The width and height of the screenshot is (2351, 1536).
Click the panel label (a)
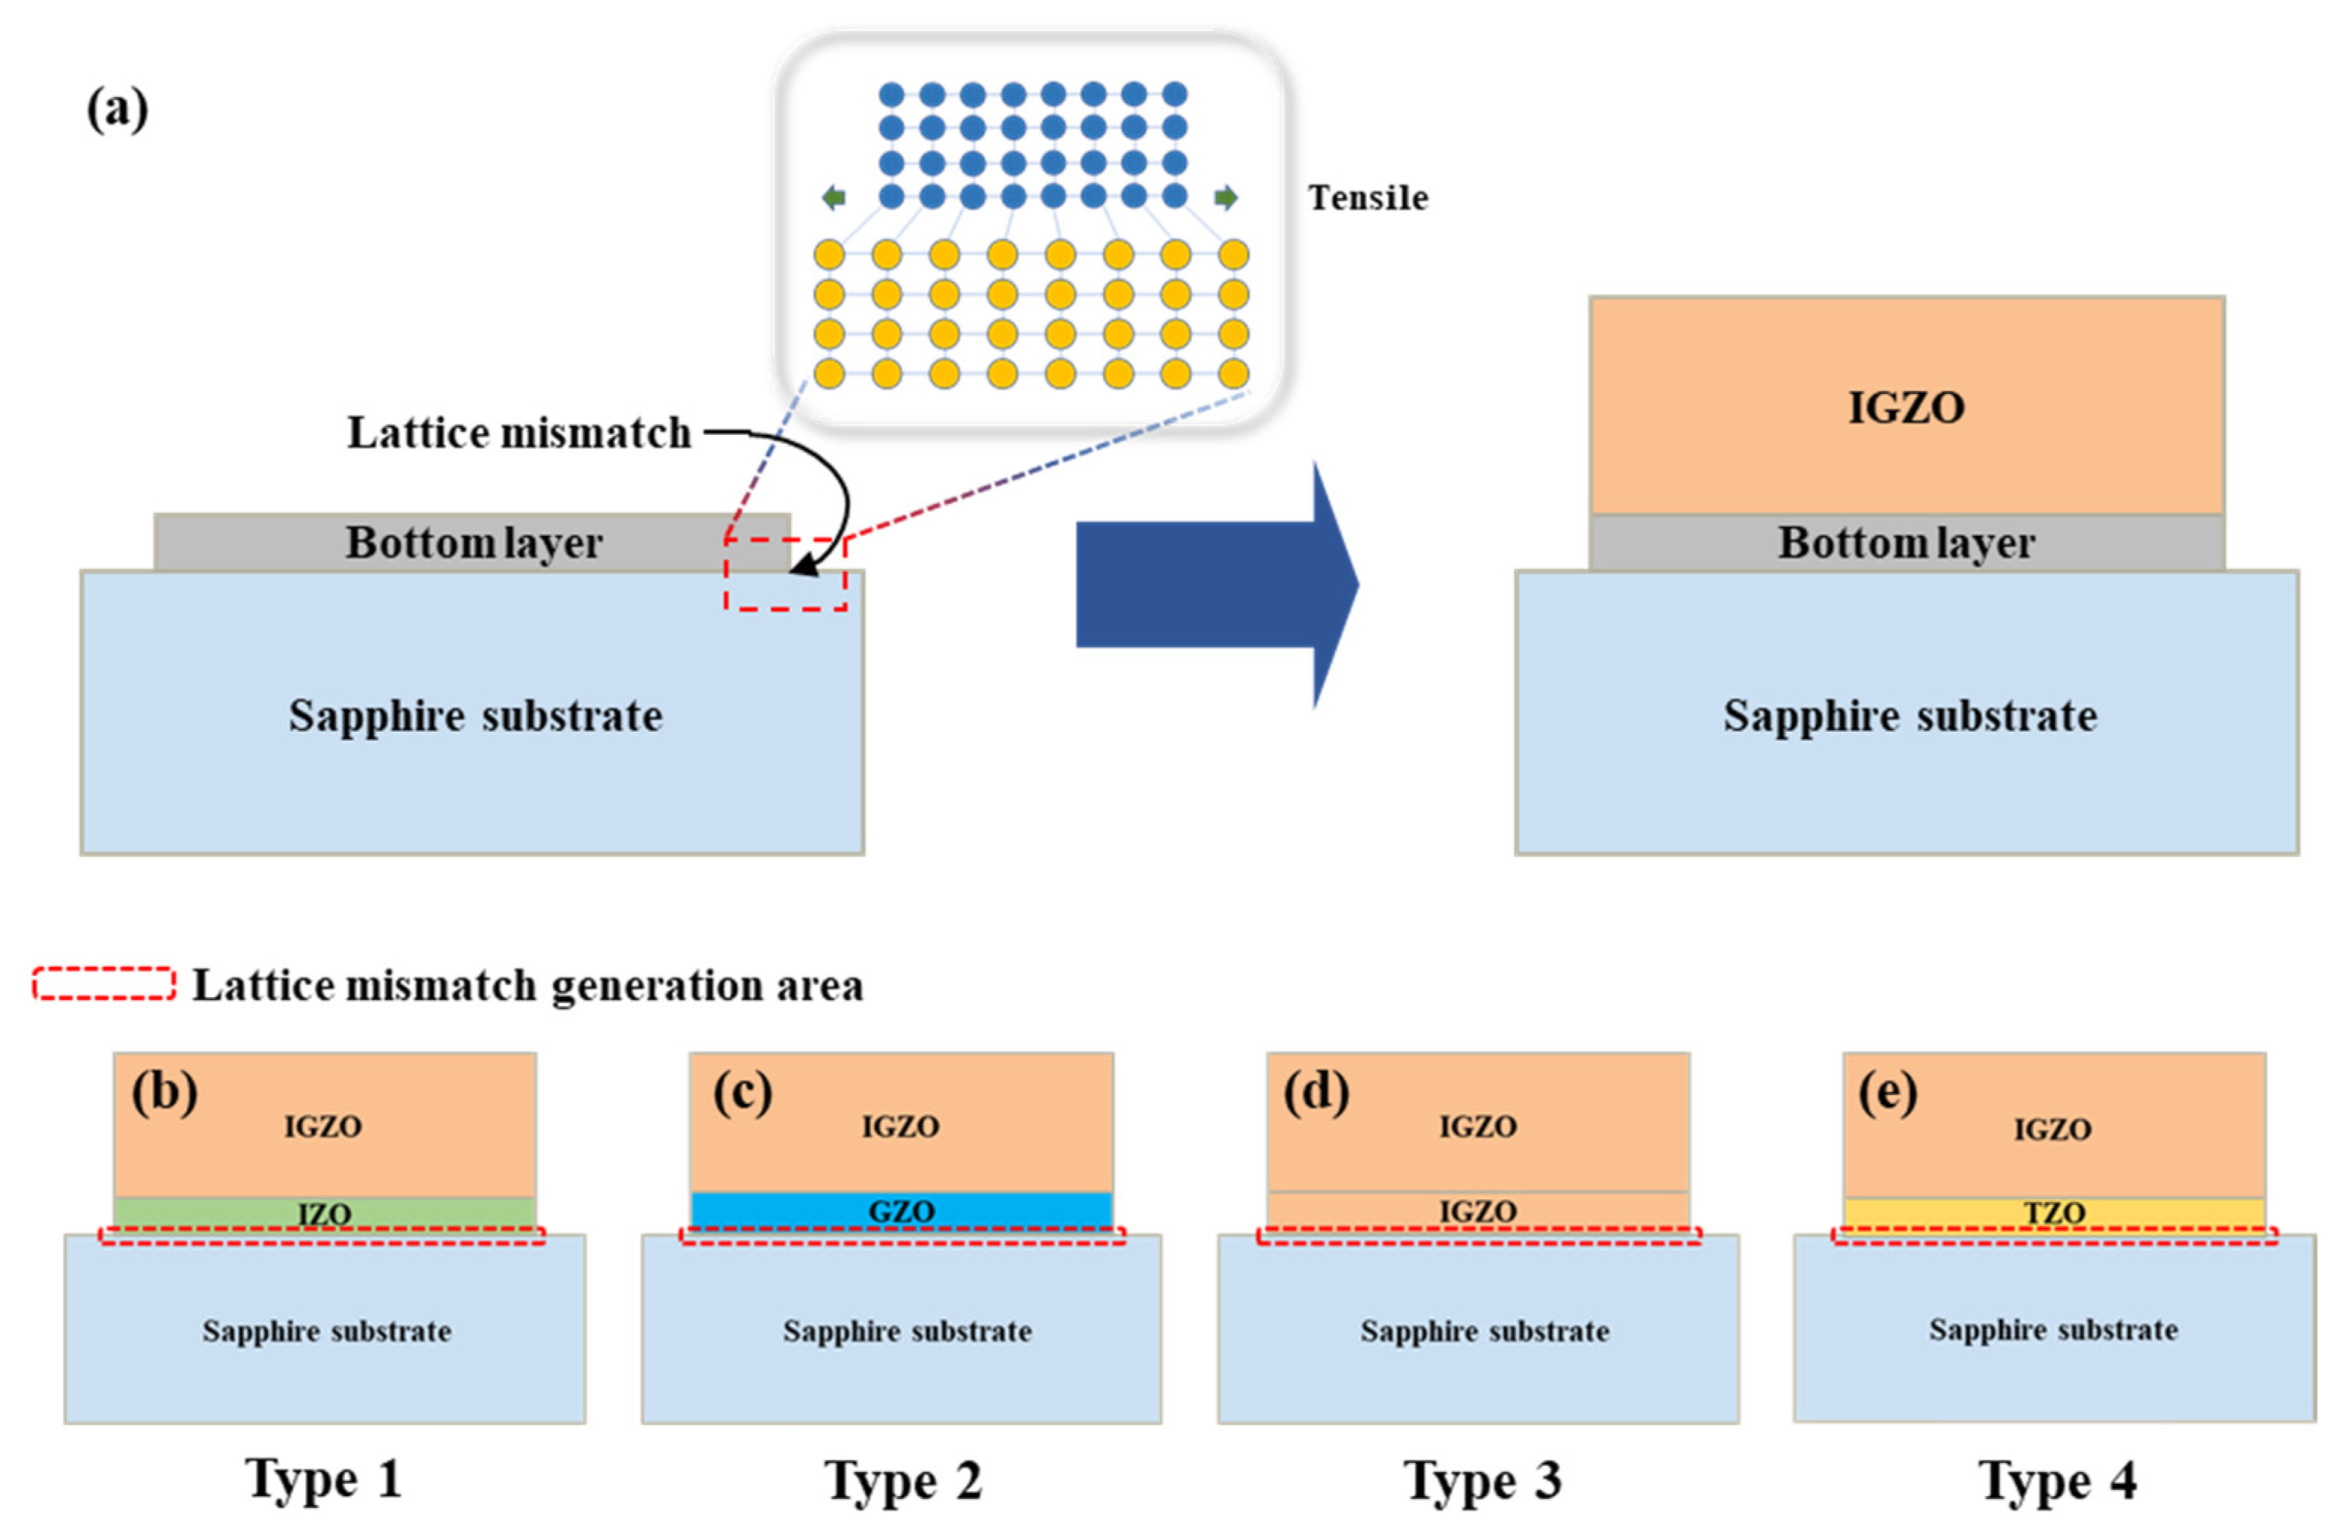click(118, 109)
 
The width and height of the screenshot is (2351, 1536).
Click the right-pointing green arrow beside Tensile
click(1225, 197)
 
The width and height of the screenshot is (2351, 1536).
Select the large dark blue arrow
click(1215, 585)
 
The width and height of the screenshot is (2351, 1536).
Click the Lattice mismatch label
click(518, 433)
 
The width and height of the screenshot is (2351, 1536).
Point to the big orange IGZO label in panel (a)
click(1906, 408)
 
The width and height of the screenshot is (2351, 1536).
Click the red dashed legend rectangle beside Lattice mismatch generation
click(104, 984)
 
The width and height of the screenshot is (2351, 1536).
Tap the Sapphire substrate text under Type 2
click(906, 1330)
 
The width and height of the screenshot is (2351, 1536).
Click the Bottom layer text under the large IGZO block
click(1906, 543)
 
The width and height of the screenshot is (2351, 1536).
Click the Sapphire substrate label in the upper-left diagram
click(475, 715)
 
